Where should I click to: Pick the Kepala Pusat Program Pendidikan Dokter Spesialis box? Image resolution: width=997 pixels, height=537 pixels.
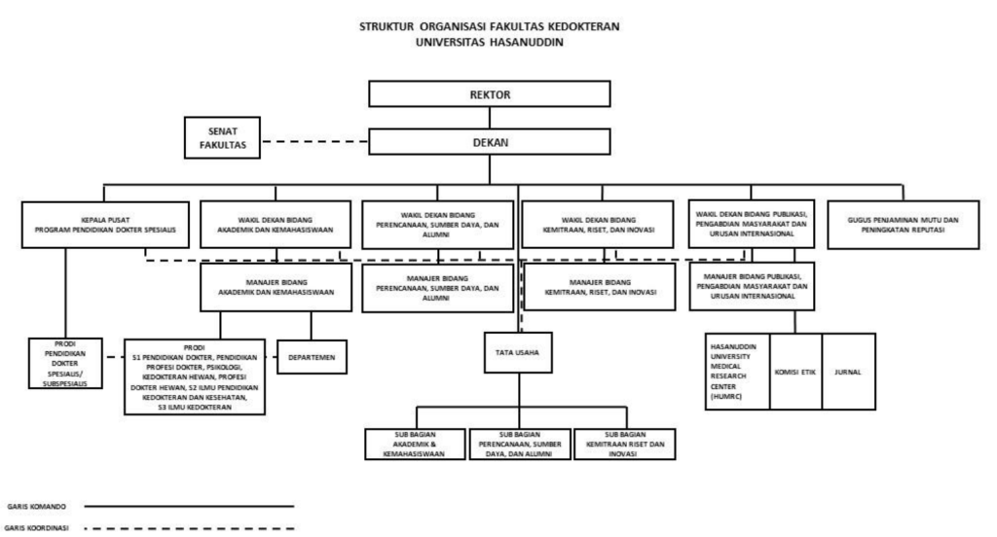pyautogui.click(x=104, y=227)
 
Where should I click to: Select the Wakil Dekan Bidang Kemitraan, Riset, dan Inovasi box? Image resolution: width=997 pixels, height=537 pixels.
pyautogui.click(x=598, y=227)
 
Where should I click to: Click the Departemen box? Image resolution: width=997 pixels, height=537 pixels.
pyautogui.click(x=312, y=357)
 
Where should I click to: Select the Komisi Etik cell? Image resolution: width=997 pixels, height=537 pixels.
pyautogui.click(x=795, y=371)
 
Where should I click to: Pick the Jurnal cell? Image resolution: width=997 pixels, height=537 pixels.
pyautogui.click(x=848, y=371)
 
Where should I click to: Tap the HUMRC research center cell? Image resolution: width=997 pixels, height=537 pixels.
pyautogui.click(x=737, y=371)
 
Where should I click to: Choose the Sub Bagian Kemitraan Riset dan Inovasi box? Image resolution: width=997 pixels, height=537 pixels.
pyautogui.click(x=622, y=443)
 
